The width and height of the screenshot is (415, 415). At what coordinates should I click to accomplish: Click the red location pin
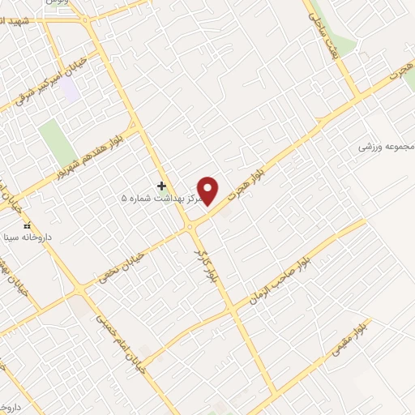209,190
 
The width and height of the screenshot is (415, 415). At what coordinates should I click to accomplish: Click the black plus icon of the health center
161,186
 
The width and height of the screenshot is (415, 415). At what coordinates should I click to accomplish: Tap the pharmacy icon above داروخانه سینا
27,225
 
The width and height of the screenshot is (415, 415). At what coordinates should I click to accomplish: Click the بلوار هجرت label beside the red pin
245,183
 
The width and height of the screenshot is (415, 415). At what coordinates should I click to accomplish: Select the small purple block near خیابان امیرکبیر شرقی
71,90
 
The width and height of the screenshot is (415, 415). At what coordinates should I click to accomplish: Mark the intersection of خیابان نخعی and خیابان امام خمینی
79,290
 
